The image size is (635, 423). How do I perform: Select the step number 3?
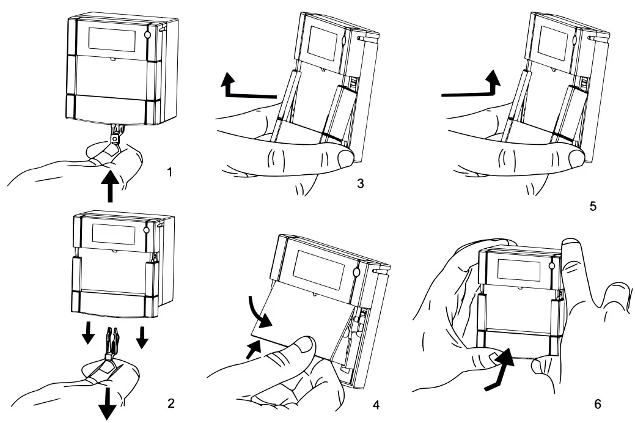[360, 184]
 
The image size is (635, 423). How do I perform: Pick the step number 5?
[593, 206]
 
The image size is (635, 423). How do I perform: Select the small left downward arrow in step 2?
[89, 334]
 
